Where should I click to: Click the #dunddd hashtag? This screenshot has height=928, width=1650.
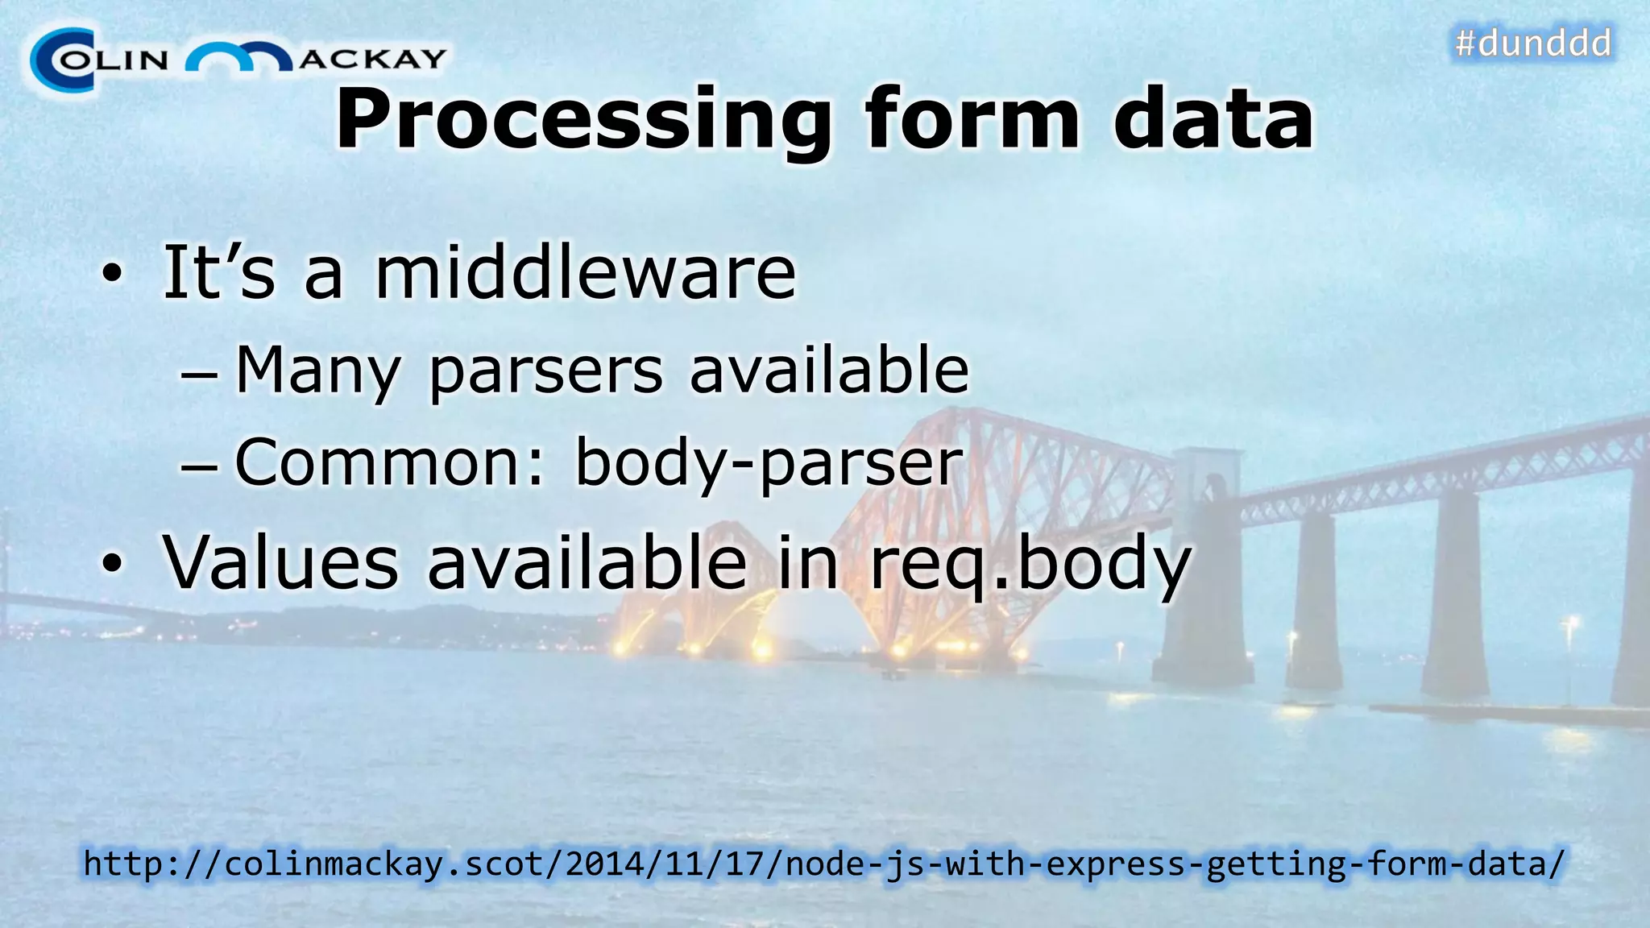(x=1532, y=43)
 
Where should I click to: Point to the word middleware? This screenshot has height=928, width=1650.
(x=586, y=272)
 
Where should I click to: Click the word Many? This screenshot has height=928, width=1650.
(x=317, y=371)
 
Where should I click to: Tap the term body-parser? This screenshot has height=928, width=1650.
(x=769, y=463)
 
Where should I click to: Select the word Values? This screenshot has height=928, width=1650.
(x=280, y=561)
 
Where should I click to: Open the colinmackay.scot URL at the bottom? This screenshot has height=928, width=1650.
(x=824, y=864)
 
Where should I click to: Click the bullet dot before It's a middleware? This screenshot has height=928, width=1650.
(x=113, y=275)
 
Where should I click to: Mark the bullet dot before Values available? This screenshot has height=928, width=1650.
(x=113, y=564)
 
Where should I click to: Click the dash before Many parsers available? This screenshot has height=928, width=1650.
(x=198, y=375)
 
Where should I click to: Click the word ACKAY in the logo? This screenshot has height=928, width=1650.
(x=372, y=59)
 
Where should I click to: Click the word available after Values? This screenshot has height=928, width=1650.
(x=587, y=561)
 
